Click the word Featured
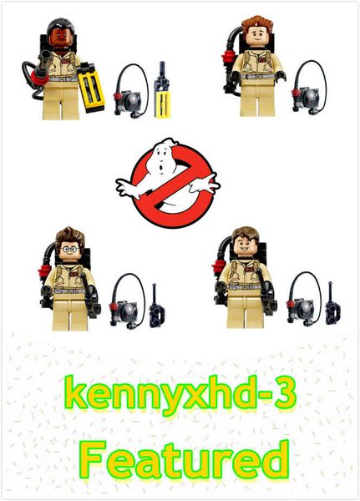click(185, 459)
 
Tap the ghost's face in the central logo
click(163, 158)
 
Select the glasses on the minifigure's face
click(69, 249)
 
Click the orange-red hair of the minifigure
click(257, 23)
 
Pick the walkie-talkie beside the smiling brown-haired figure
click(332, 304)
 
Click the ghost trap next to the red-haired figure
click(308, 88)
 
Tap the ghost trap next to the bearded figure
click(131, 91)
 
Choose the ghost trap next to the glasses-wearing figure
click(127, 301)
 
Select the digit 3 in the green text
click(286, 394)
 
